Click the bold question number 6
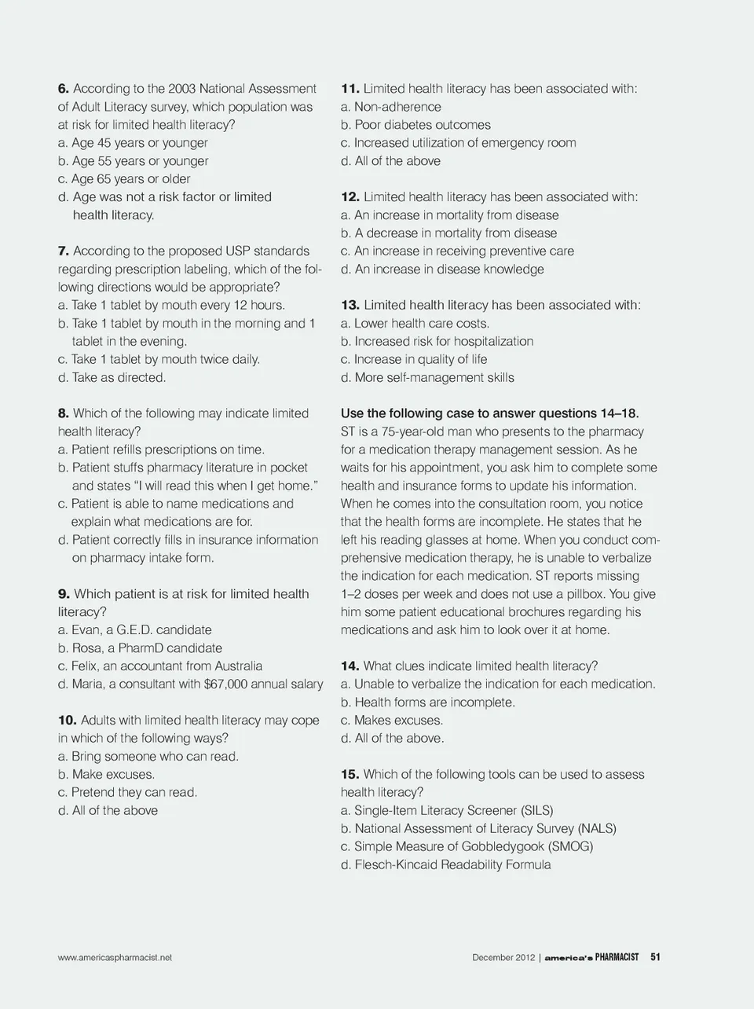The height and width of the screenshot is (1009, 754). point(64,89)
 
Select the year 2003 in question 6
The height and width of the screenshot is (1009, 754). point(179,89)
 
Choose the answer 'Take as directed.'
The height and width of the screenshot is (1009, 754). point(118,378)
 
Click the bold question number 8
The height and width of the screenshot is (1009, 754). point(64,413)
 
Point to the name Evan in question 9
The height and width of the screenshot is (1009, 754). point(87,630)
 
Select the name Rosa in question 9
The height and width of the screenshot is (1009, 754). point(88,648)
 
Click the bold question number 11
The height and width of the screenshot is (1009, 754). point(350,89)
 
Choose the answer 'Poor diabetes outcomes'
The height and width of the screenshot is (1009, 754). point(422,125)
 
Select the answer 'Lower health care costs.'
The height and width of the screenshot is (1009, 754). point(421,324)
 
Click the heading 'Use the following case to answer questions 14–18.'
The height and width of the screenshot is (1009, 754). point(489,413)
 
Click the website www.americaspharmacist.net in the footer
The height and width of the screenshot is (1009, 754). point(115,957)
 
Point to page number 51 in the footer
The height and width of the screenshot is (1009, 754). point(655,957)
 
